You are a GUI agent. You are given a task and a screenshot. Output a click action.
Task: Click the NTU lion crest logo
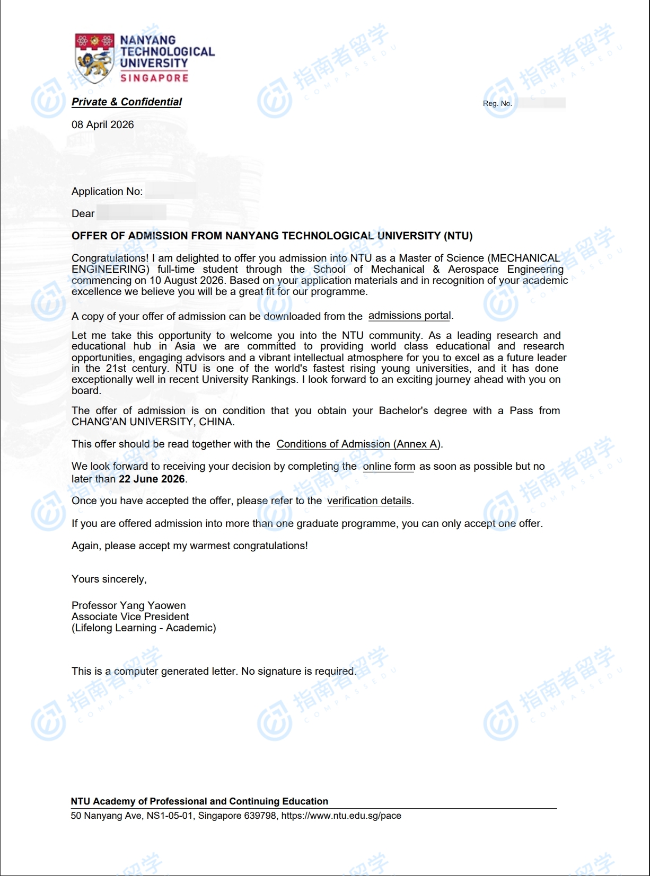pyautogui.click(x=94, y=58)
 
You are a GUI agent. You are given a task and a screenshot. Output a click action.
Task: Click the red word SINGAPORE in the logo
pyautogui.click(x=154, y=78)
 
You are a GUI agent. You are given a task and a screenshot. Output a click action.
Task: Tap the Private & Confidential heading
pyautogui.click(x=127, y=102)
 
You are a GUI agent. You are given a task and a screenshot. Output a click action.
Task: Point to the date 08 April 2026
pyautogui.click(x=103, y=124)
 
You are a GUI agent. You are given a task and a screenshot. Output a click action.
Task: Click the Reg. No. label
pyautogui.click(x=497, y=103)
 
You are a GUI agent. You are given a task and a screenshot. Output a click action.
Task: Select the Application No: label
pyautogui.click(x=107, y=191)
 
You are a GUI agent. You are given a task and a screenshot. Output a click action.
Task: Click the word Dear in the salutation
pyautogui.click(x=83, y=213)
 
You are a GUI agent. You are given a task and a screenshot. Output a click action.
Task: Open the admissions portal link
pyautogui.click(x=410, y=316)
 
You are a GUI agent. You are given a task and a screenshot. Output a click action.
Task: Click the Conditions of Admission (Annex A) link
pyautogui.click(x=358, y=444)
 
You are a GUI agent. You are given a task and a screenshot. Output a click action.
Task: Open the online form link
pyautogui.click(x=389, y=466)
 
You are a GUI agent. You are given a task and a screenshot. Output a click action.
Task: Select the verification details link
pyautogui.click(x=369, y=500)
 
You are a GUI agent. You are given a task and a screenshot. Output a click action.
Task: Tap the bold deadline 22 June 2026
pyautogui.click(x=152, y=479)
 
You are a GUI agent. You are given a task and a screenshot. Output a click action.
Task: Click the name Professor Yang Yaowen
pyautogui.click(x=129, y=605)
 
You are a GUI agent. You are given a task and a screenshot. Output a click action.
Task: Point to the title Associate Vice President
pyautogui.click(x=130, y=616)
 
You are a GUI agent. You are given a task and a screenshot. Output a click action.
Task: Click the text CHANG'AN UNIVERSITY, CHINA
pyautogui.click(x=153, y=422)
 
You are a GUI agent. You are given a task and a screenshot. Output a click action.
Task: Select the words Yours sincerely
pyautogui.click(x=109, y=579)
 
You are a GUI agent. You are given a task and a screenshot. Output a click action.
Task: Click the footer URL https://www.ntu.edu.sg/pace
pyautogui.click(x=341, y=816)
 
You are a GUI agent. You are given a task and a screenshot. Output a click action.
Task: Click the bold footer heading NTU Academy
pyautogui.click(x=199, y=801)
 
